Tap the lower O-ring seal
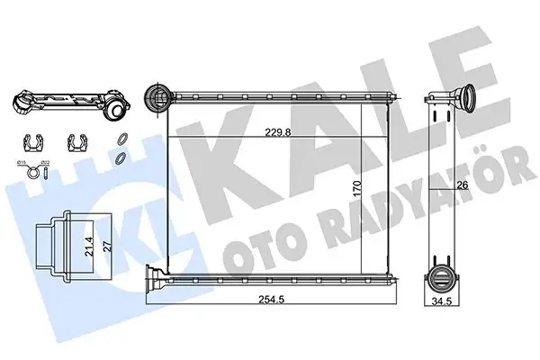119,157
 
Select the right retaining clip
77,142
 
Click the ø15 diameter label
21,160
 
